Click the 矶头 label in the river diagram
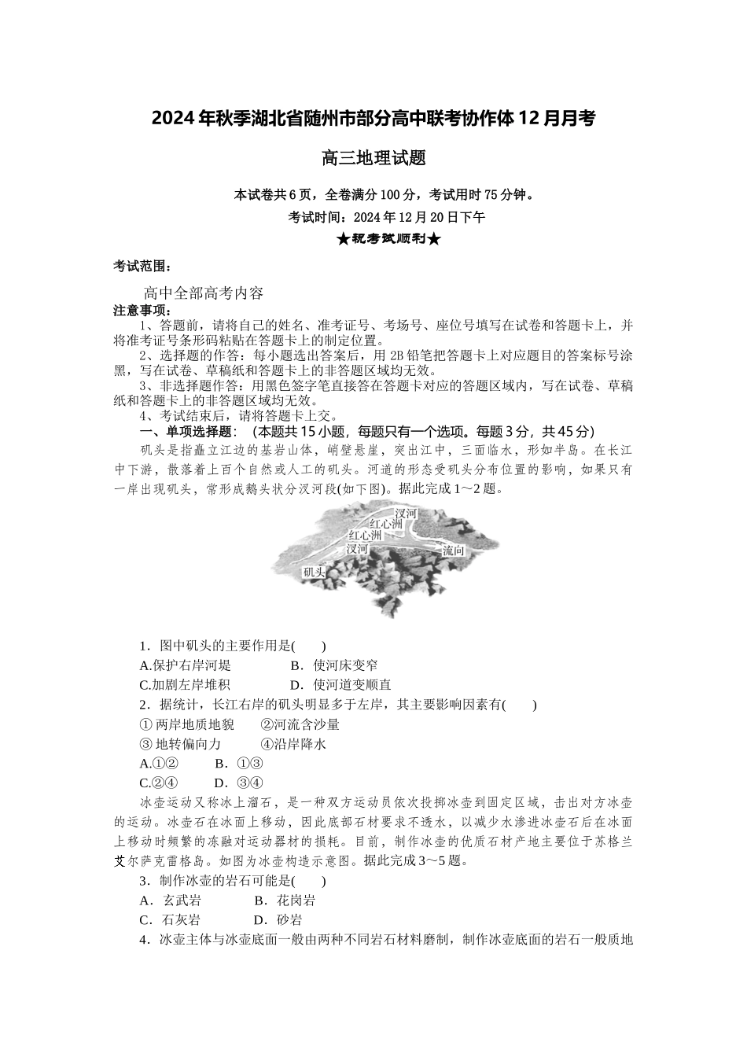click(314, 573)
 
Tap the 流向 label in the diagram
click(454, 551)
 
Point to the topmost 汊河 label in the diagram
click(406, 513)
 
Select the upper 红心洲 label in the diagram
click(386, 524)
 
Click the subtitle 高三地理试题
click(373, 158)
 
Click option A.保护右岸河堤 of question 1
click(185, 665)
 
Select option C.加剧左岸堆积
click(185, 685)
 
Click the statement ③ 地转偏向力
click(180, 744)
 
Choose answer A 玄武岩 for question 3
click(171, 900)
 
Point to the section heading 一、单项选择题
click(186, 431)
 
